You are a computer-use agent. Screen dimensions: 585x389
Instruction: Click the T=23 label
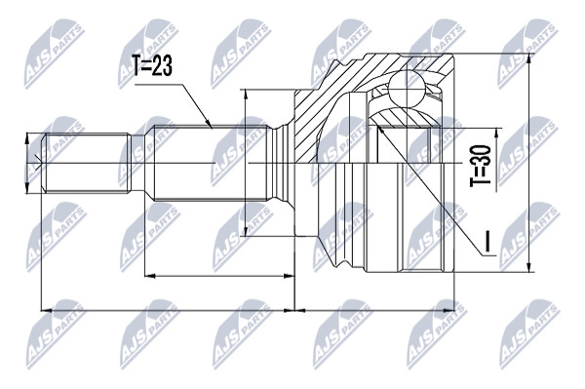pos(153,66)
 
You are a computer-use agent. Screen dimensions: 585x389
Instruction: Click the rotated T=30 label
pos(480,166)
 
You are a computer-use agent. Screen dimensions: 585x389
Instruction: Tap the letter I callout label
pos(487,242)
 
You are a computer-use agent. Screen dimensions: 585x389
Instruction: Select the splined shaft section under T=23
pos(211,163)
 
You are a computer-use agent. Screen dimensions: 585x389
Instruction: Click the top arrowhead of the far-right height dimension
pos(528,59)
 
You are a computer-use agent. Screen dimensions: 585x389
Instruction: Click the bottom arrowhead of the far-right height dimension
pos(528,267)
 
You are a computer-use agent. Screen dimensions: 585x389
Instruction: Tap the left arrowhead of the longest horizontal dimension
pos(46,310)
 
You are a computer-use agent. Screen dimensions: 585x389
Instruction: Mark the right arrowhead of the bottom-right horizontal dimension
pos(449,310)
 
